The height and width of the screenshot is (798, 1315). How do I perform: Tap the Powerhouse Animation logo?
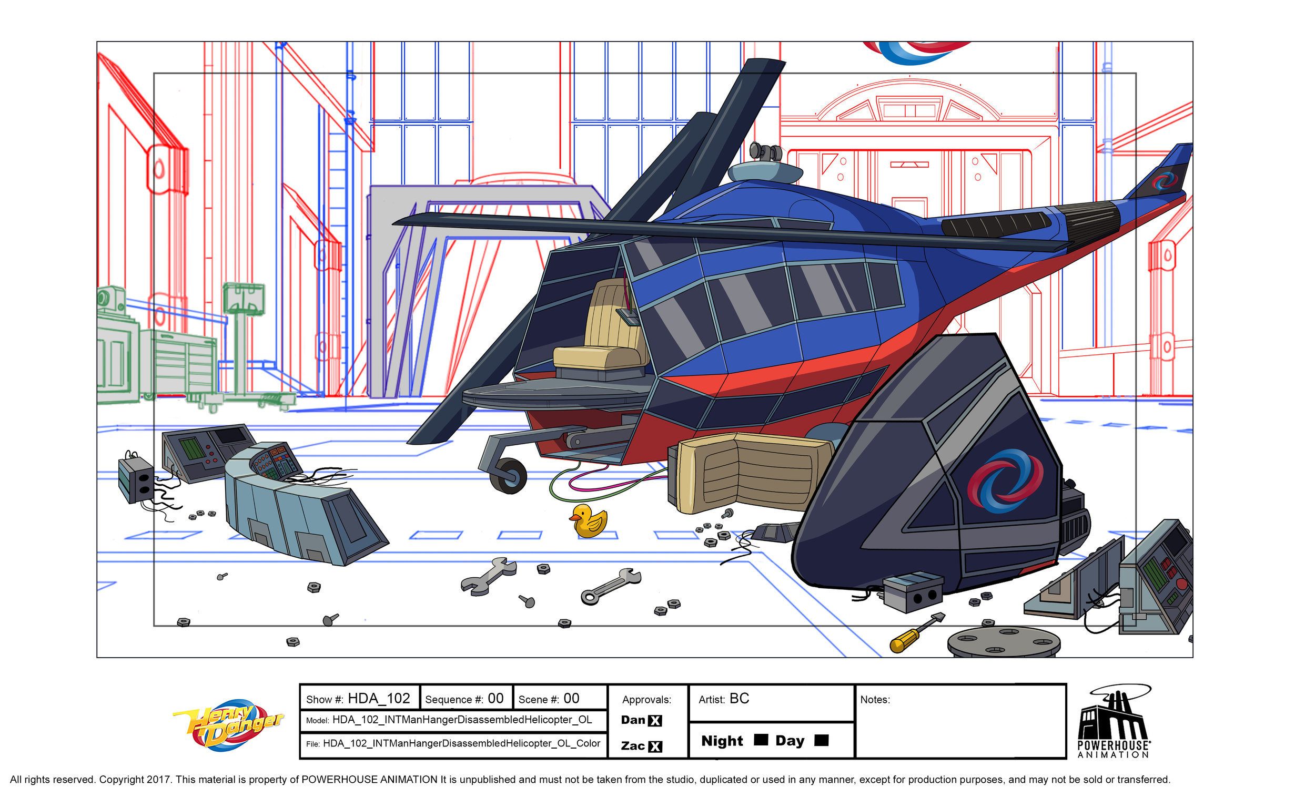coord(1113,722)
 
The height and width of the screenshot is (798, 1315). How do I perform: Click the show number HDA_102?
coord(378,699)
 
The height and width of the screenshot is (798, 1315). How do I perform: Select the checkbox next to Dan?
coord(655,721)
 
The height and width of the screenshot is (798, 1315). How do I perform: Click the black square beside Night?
coord(761,740)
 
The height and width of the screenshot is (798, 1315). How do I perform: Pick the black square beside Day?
coord(821,740)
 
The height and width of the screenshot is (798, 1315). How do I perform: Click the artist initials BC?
coord(739,699)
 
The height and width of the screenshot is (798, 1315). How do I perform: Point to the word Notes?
coord(875,700)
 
